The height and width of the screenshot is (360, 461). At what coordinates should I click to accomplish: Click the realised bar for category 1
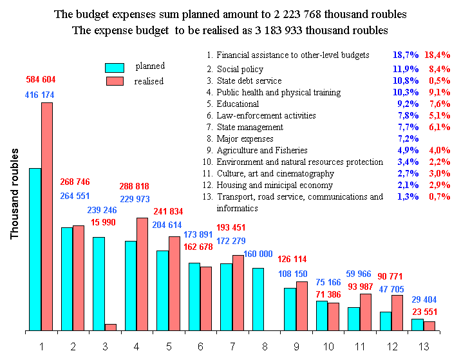point(47,216)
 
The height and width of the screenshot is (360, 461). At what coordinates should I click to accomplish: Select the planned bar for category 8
point(258,299)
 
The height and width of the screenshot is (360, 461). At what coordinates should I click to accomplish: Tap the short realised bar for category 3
point(111,327)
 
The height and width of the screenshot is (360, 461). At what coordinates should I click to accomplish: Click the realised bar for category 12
point(397,313)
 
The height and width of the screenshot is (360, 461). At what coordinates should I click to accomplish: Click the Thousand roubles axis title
point(15,194)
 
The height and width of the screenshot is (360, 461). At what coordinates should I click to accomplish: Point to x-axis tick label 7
point(232,346)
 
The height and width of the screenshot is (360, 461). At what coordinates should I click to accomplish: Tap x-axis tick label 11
point(360,346)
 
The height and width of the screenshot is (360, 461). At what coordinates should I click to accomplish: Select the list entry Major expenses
point(245,139)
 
